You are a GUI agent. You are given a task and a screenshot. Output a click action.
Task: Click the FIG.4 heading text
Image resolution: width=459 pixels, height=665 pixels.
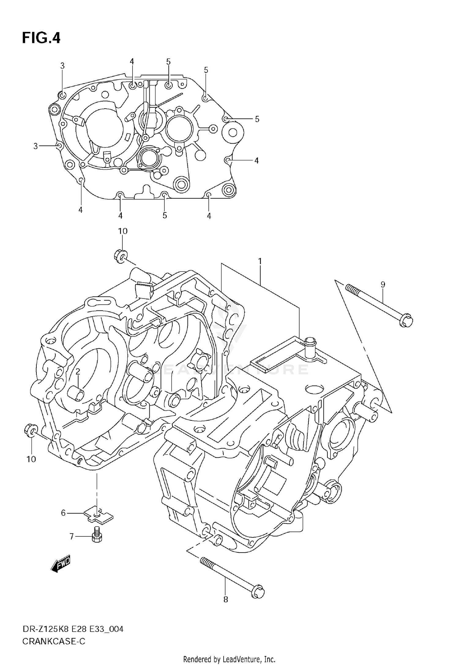click(x=41, y=38)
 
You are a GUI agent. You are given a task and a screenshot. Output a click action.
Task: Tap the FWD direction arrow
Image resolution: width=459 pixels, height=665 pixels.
click(x=61, y=562)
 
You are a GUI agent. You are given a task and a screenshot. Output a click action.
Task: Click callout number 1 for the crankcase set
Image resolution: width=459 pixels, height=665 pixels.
click(x=259, y=261)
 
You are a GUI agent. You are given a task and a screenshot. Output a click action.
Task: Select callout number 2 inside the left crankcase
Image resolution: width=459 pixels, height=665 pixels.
click(x=78, y=371)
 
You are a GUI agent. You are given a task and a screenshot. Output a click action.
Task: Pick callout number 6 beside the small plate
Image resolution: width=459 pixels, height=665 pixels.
click(x=63, y=513)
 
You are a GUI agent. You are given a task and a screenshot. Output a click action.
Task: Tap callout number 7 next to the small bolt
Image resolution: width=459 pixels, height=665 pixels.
click(x=72, y=536)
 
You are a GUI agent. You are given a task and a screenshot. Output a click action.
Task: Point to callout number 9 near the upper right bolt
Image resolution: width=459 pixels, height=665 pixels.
click(x=383, y=284)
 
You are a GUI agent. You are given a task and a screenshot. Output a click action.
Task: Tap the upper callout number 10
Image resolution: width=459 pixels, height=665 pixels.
click(x=123, y=231)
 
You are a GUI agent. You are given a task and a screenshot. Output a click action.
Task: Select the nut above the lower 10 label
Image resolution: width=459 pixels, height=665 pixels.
click(x=30, y=430)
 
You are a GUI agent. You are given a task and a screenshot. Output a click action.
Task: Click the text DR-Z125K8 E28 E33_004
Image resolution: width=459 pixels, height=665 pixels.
click(x=73, y=629)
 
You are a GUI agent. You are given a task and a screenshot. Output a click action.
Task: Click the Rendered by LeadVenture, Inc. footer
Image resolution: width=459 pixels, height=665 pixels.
click(x=229, y=659)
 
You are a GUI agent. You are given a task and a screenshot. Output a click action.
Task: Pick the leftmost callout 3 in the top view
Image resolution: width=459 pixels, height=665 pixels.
click(x=35, y=146)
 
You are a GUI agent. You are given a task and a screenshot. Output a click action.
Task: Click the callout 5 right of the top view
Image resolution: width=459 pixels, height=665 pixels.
click(x=257, y=119)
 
